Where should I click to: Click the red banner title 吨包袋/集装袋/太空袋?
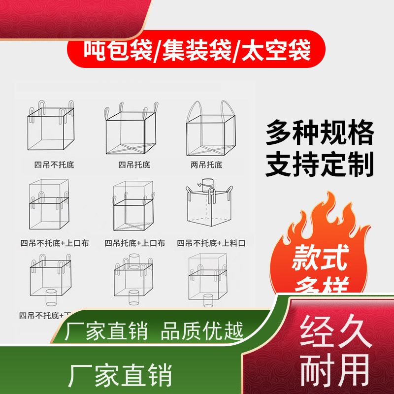click(x=197, y=51)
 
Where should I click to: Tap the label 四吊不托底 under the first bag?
click(x=50, y=164)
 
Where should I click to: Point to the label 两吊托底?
click(x=207, y=164)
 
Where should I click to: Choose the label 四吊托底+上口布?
click(x=134, y=243)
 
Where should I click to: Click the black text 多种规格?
click(x=320, y=133)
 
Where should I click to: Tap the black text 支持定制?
click(x=320, y=165)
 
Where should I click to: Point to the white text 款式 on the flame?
click(x=320, y=258)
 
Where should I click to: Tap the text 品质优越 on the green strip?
click(x=202, y=331)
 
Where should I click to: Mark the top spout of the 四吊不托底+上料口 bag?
click(x=209, y=183)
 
